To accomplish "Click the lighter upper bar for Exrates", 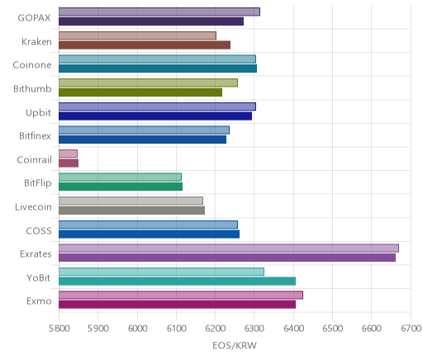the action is coord(229,248).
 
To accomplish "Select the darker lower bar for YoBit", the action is coord(177,281).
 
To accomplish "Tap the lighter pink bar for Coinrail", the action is coord(68,154).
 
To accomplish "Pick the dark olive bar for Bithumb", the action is coord(140,92).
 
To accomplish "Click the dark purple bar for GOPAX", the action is coord(151,21).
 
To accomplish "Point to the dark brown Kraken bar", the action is coord(145,45).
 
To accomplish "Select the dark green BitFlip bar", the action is coord(121,187).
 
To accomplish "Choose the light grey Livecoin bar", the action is coord(131,201).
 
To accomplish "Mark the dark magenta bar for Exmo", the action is coord(177,305).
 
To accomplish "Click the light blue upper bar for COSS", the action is coord(148,225).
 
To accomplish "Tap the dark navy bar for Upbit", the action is coord(155,116).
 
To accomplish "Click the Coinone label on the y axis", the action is coord(32,65).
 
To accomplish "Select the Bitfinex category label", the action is coord(35,135).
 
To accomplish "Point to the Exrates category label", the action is coord(36,253).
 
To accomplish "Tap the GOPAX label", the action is coord(34,18).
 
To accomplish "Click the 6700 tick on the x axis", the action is coord(411,329).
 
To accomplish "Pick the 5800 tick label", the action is coord(59,329).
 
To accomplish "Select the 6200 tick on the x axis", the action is coord(216,329).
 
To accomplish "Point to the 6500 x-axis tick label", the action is coord(333,329).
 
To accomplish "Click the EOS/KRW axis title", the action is coord(235,345).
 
